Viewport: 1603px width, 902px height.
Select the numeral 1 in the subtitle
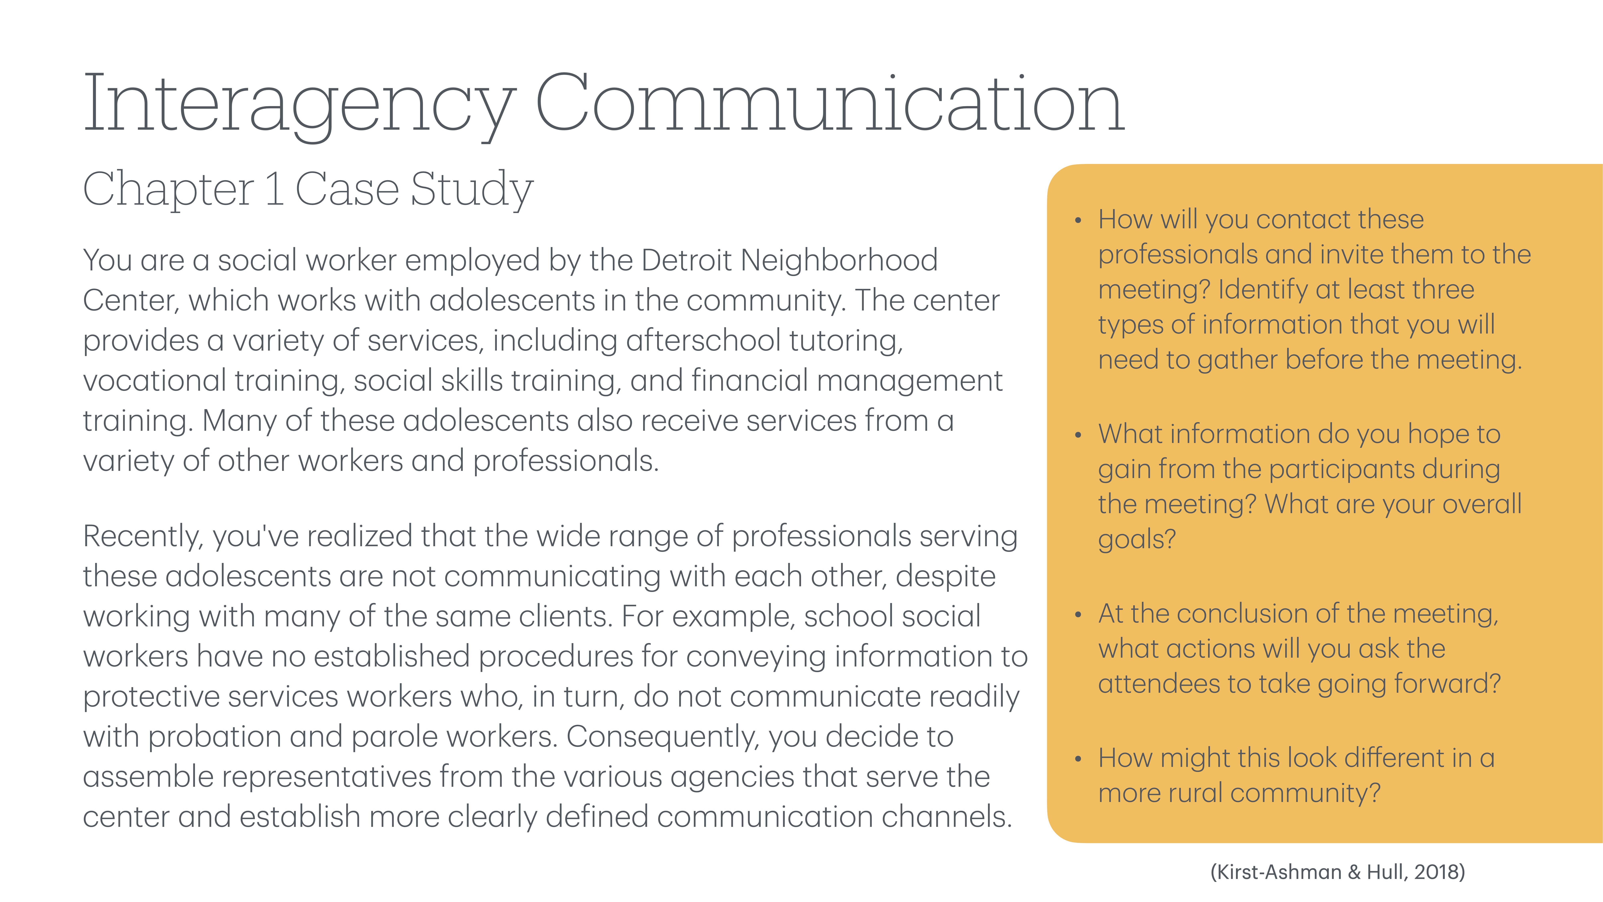click(x=274, y=189)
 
